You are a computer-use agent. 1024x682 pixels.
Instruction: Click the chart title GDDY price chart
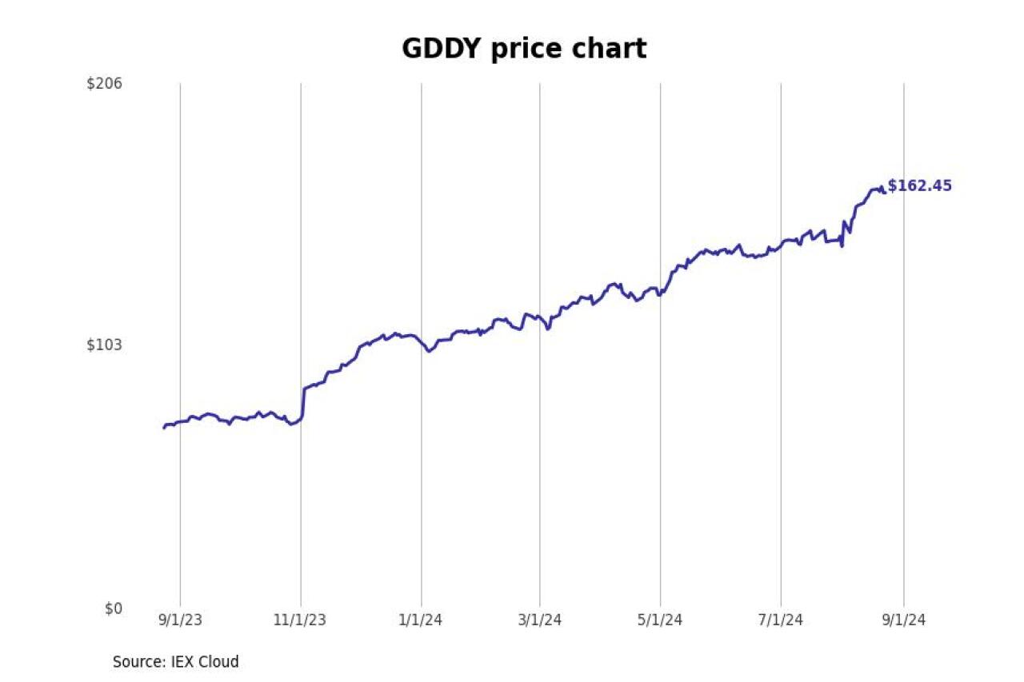coord(523,50)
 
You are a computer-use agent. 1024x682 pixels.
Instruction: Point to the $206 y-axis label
coord(105,83)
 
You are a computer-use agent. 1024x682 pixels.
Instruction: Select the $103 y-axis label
coord(105,345)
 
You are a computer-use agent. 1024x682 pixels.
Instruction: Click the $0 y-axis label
coord(114,608)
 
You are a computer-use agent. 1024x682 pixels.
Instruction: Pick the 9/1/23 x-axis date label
coord(180,620)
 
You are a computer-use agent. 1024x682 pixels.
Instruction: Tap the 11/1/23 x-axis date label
coord(301,620)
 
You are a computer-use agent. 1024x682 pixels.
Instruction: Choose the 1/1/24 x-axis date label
coord(422,620)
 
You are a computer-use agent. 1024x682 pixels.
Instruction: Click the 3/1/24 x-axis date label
coord(539,620)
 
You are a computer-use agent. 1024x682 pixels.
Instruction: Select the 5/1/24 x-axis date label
coord(660,620)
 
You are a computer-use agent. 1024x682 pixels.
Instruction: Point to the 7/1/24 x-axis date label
coord(781,620)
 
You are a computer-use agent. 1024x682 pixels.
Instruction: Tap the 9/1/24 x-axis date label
coord(904,620)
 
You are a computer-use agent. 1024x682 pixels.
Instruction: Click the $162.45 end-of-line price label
coord(920,186)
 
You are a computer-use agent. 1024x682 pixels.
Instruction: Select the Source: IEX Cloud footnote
coord(175,662)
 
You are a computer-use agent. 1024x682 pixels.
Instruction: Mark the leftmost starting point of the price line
coord(164,428)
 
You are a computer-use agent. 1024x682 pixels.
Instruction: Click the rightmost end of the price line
coord(885,192)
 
